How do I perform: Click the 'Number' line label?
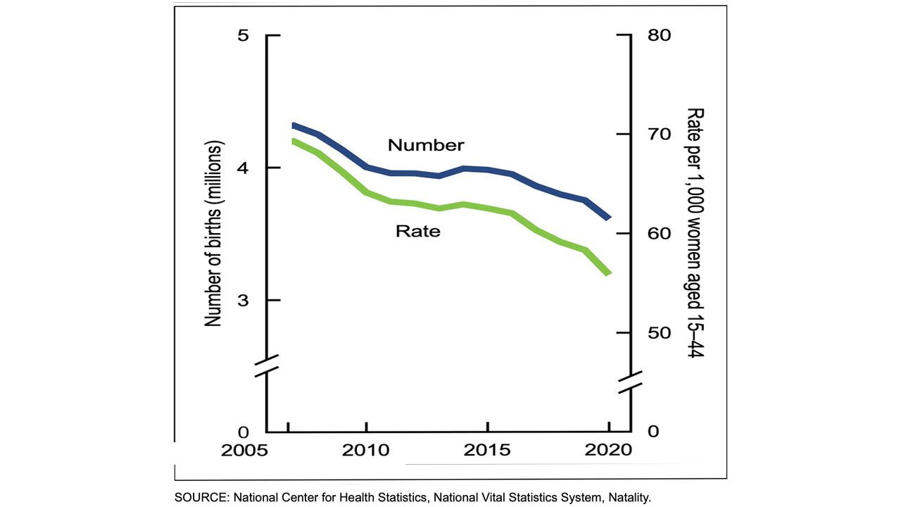point(426,145)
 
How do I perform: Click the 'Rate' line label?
point(418,230)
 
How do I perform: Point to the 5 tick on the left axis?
point(244,35)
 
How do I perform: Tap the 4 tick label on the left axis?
point(244,168)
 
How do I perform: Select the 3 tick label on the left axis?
point(244,300)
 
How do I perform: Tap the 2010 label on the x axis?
point(366,451)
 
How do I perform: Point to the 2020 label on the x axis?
point(608,451)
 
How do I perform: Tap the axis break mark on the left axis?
point(267,365)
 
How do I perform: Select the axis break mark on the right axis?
point(629,381)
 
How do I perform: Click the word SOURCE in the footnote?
point(199,497)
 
